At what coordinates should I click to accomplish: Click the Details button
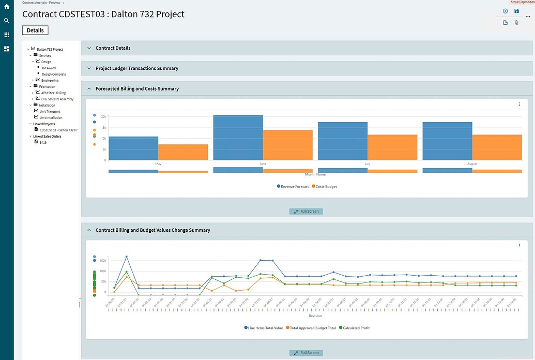point(35,30)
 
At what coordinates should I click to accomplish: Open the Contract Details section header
point(113,48)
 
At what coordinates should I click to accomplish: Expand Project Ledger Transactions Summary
point(136,68)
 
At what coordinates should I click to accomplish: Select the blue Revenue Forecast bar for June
point(238,138)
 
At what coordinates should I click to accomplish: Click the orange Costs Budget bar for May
point(183,152)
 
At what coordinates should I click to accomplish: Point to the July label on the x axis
point(368,164)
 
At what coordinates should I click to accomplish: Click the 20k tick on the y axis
point(103,117)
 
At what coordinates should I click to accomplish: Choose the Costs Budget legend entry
point(326,186)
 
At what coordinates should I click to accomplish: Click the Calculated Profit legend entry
point(356,328)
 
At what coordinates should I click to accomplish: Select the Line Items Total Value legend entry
point(265,328)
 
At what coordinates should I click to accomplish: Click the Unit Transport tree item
point(50,111)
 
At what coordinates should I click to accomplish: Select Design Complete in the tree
point(54,74)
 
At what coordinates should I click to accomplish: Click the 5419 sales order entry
point(43,142)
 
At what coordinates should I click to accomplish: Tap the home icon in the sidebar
point(7,7)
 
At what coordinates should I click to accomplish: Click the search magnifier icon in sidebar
point(7,21)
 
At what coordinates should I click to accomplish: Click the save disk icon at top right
point(516,11)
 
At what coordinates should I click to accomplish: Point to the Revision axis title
point(315,315)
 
